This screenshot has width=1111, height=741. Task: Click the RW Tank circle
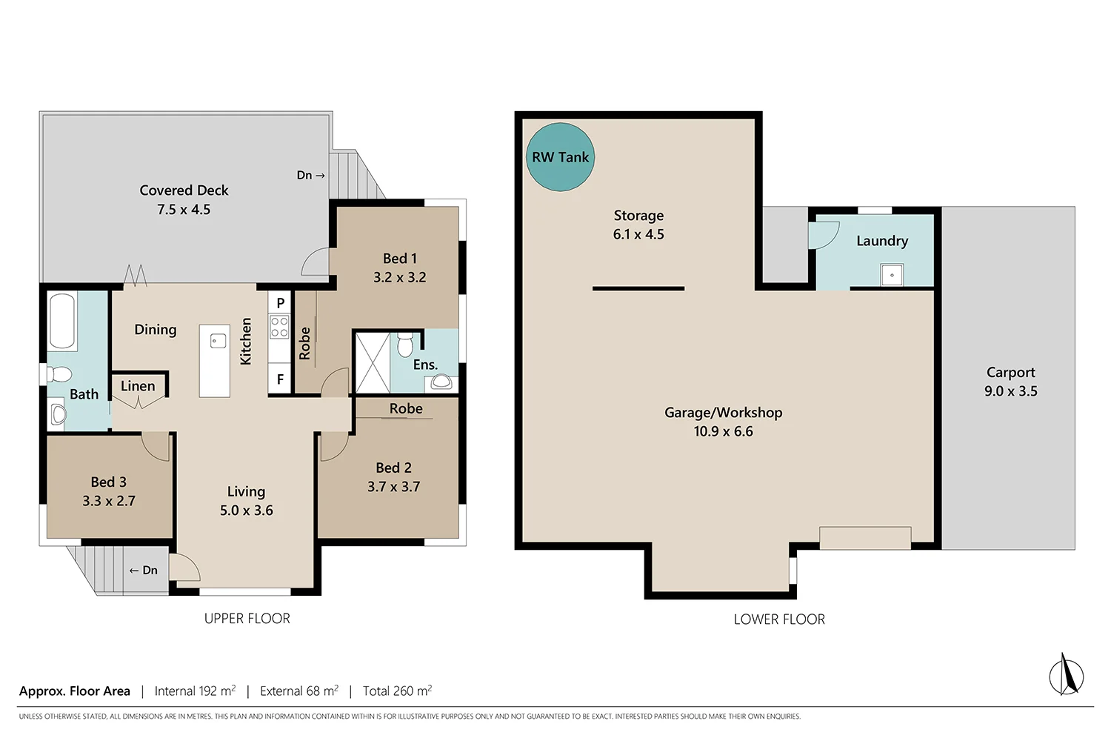[560, 157]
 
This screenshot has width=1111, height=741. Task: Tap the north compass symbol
[1066, 675]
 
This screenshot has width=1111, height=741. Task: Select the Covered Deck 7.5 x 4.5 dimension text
[184, 210]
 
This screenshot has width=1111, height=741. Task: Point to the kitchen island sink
[218, 341]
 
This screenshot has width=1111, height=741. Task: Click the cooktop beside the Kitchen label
[279, 327]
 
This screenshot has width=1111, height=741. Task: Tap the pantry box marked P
[280, 302]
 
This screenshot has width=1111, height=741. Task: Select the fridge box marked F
[280, 379]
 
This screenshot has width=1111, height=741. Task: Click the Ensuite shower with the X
[373, 362]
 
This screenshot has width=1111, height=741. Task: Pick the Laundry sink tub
[892, 275]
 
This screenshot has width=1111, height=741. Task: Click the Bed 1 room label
[399, 259]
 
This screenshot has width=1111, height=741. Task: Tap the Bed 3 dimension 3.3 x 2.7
[109, 501]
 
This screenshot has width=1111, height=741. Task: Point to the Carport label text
[1010, 373]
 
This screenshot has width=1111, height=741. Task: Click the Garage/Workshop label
[723, 413]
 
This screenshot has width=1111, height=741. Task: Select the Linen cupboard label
[138, 386]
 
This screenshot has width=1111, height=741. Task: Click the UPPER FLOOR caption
[247, 619]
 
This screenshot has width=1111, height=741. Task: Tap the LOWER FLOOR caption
[779, 619]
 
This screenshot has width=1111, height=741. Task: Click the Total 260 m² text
[397, 691]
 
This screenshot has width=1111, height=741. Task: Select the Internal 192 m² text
[195, 691]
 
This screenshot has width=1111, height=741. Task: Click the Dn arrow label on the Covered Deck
[310, 176]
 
